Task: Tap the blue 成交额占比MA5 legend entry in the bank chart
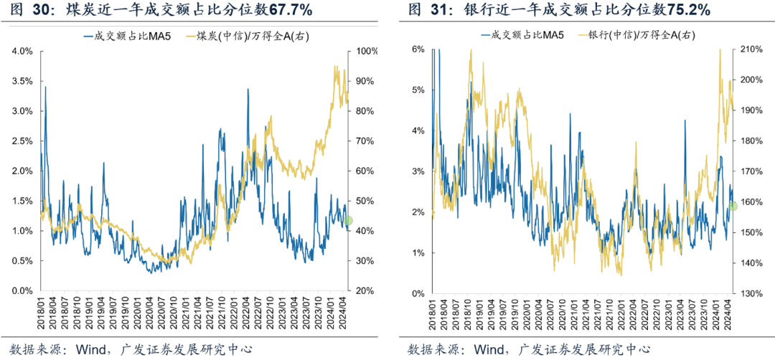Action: pyautogui.click(x=522, y=35)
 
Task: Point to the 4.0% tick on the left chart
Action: pyautogui.click(x=22, y=52)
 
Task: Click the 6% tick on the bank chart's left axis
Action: pyautogui.click(x=418, y=49)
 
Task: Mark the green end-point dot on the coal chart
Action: pyautogui.click(x=348, y=220)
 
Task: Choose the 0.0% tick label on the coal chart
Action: pyautogui.click(x=22, y=291)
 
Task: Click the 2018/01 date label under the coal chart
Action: pyautogui.click(x=41, y=316)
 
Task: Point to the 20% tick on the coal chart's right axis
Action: pyautogui.click(x=361, y=291)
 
